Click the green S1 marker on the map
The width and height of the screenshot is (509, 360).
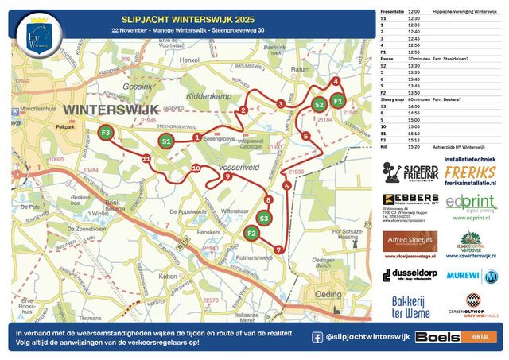pos(165,141)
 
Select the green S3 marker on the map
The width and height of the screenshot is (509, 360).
pos(265,218)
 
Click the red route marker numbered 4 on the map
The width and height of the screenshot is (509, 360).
pos(336,82)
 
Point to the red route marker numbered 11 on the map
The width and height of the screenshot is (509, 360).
pos(146,159)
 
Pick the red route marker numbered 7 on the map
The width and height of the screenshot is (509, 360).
pos(278,250)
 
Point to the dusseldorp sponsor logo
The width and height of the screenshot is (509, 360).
pos(410,275)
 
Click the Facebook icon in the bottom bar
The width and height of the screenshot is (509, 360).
pos(317,337)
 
